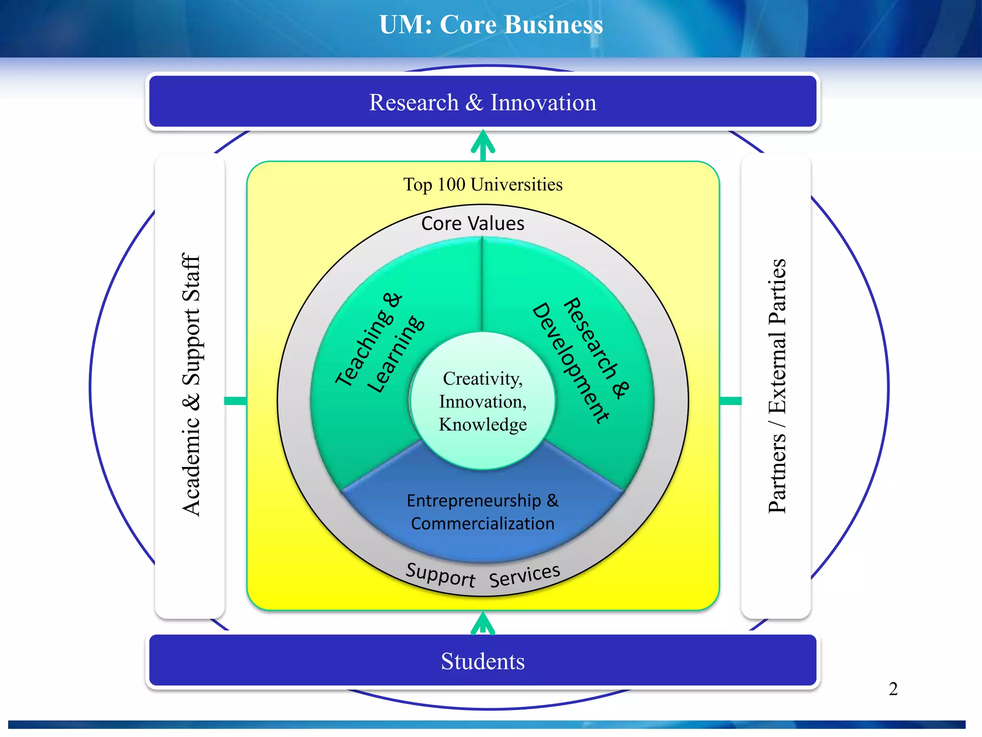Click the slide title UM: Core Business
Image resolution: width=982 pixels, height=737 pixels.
[491, 25]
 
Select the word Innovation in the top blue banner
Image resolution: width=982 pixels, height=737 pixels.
[543, 103]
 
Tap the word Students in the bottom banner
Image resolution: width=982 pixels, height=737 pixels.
[482, 661]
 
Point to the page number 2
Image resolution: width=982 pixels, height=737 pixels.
[893, 689]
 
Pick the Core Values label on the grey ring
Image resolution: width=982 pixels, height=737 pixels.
[473, 224]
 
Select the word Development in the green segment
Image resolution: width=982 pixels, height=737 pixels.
[571, 363]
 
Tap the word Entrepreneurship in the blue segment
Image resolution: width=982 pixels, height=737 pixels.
[474, 500]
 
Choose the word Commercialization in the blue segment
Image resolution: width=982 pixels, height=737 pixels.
[482, 523]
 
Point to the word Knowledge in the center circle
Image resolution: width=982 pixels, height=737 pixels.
[482, 425]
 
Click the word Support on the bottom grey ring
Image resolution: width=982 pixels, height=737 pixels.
[440, 575]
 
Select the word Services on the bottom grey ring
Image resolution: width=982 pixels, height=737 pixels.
[525, 575]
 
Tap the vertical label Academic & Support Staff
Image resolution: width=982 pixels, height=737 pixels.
[191, 385]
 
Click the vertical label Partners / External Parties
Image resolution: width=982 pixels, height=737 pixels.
[777, 386]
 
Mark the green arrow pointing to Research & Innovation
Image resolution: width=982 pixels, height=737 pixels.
[483, 145]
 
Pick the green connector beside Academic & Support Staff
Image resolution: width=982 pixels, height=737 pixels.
[235, 401]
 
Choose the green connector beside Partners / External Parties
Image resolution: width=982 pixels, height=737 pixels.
[730, 401]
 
